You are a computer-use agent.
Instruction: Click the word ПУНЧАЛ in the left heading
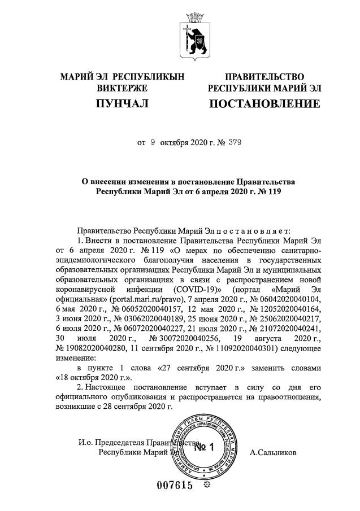click(122, 104)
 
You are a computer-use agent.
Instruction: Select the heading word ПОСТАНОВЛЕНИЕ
click(264, 104)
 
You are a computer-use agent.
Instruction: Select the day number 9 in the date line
click(153, 143)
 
